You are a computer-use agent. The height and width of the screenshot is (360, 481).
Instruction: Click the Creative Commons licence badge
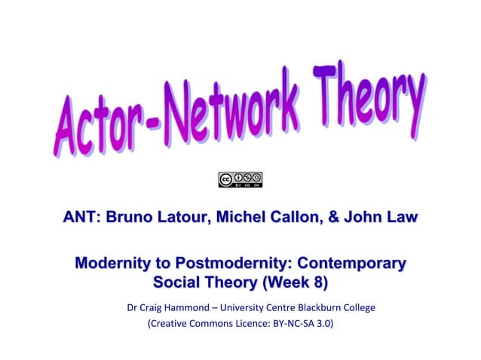point(240,180)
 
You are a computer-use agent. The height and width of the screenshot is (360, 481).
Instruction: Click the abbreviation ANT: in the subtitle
point(84,218)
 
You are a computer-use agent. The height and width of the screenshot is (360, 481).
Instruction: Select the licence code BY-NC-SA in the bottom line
point(291,327)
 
